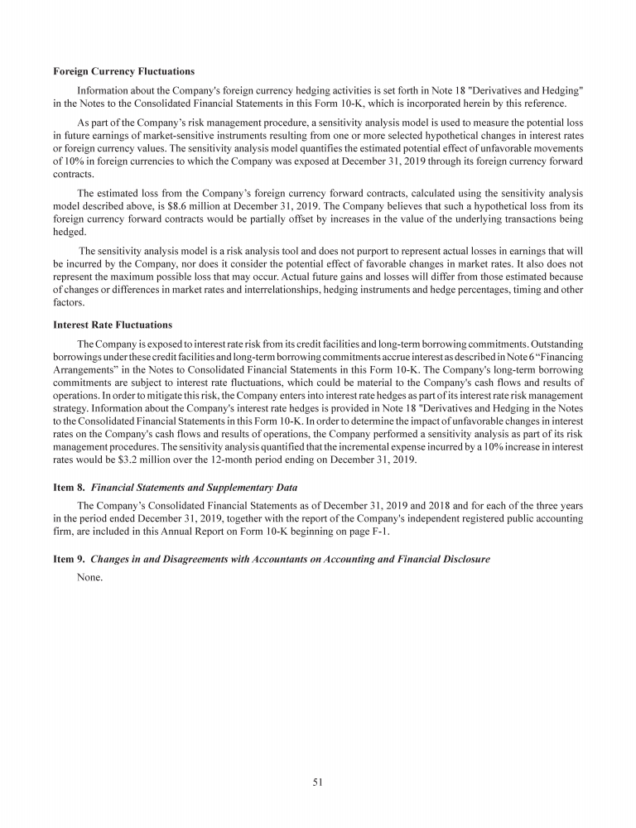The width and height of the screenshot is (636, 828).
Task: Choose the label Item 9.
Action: point(65,560)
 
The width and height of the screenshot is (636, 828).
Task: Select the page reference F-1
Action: point(519,531)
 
